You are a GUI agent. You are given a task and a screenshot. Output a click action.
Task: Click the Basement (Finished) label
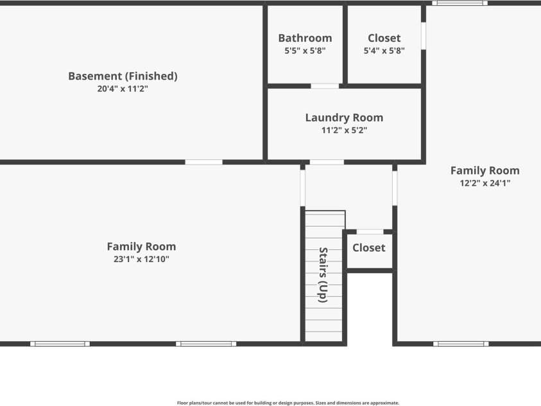123,76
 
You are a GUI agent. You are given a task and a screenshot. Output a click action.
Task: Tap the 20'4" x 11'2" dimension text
123,89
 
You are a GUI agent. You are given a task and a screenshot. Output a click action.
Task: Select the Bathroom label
305,38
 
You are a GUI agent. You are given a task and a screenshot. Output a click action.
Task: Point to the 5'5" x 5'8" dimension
305,51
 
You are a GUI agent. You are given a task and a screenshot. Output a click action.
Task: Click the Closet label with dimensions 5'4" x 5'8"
384,38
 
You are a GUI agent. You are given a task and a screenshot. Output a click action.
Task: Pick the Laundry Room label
344,118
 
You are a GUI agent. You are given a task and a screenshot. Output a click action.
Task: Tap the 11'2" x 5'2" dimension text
344,130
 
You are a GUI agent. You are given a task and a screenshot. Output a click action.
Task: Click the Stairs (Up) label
323,275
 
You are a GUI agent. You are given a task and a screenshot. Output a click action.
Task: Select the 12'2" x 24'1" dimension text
485,183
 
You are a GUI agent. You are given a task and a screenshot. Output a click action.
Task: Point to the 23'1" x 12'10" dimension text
141,260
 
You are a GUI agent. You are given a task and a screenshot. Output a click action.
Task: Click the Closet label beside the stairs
369,247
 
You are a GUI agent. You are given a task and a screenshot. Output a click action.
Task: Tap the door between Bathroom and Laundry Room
325,85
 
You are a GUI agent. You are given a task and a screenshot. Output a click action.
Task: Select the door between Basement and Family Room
204,162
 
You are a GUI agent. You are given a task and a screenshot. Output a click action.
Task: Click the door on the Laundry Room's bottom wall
327,162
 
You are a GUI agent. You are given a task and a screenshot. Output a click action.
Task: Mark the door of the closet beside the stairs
370,231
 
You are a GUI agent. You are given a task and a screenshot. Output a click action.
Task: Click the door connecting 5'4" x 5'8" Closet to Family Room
423,36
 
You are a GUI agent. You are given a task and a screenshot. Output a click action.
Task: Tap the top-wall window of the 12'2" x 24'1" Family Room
459,3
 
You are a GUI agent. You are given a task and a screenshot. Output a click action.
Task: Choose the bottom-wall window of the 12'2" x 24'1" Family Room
461,344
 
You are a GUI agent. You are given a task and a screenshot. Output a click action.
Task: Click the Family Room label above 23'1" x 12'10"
141,246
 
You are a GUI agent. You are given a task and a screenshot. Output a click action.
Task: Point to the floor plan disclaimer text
288,403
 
